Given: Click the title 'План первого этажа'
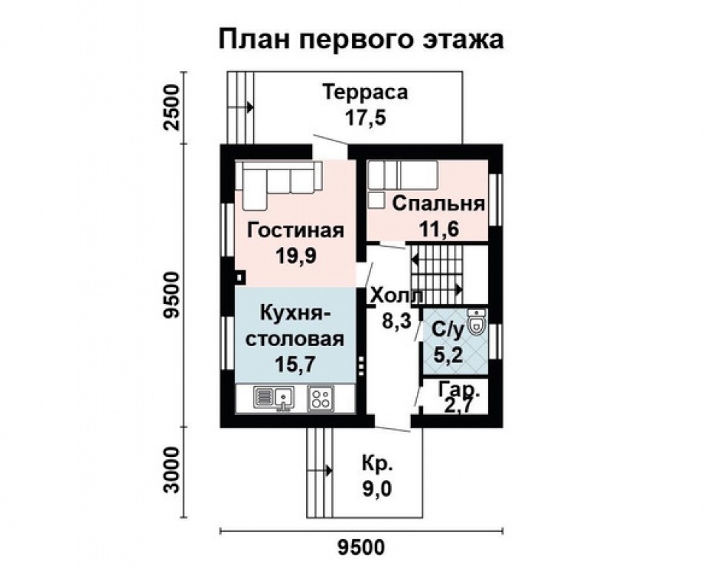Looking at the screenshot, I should (x=361, y=40).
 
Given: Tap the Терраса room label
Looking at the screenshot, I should (x=366, y=93).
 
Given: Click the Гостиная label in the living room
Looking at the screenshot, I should (x=296, y=230).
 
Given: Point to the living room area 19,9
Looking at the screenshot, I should (x=296, y=255).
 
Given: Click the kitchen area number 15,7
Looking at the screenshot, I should (x=296, y=365).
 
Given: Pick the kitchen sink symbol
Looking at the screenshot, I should (x=274, y=399).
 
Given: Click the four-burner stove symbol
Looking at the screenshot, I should (x=321, y=399).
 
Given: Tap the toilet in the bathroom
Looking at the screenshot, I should (x=478, y=322).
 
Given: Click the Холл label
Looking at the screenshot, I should (x=397, y=296).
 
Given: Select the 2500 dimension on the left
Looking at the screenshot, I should (x=172, y=107).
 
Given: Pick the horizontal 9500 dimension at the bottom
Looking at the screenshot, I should (x=361, y=548).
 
